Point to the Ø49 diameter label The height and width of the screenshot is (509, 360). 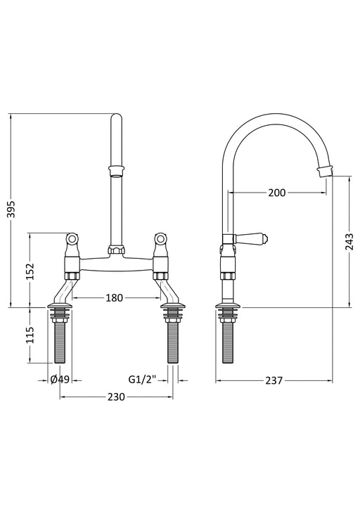(60, 380)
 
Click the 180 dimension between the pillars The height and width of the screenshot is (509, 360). (117, 297)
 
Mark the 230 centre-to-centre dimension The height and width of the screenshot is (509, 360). (116, 397)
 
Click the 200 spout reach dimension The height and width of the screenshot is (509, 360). (276, 193)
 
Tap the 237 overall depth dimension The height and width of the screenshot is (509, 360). (274, 380)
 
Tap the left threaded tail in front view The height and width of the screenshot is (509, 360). (60, 341)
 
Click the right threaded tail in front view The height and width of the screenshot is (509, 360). (172, 341)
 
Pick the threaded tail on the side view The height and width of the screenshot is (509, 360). (229, 341)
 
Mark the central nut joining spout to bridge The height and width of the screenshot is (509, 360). (117, 249)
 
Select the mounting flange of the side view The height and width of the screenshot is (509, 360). (229, 307)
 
